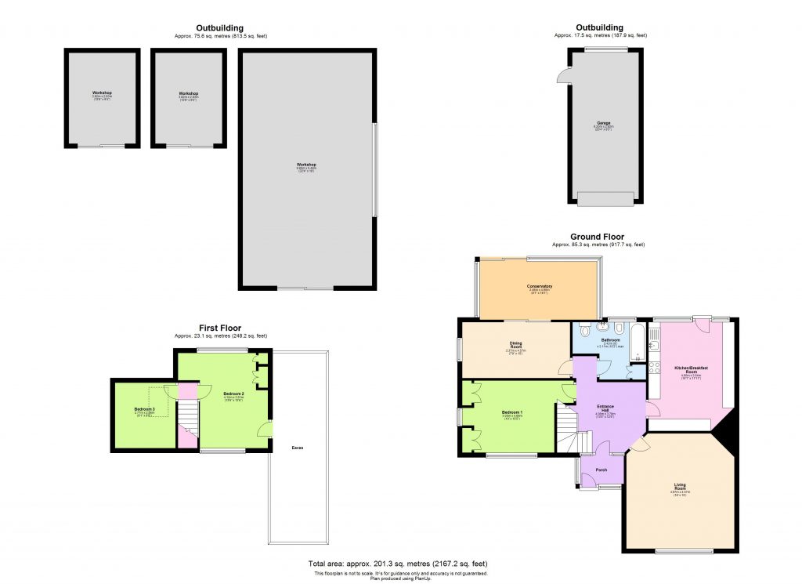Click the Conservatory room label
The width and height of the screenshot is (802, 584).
tap(540, 287)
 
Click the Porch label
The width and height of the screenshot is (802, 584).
tap(601, 470)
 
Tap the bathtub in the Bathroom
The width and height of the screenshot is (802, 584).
tap(636, 339)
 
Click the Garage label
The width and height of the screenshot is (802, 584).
tap(602, 123)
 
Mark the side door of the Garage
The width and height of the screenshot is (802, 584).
tap(562, 75)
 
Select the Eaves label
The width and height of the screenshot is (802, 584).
tap(298, 448)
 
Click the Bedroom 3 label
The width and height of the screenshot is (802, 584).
tap(143, 409)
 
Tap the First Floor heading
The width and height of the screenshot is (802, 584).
tap(219, 328)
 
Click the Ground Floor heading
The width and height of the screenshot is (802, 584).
tap(598, 237)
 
